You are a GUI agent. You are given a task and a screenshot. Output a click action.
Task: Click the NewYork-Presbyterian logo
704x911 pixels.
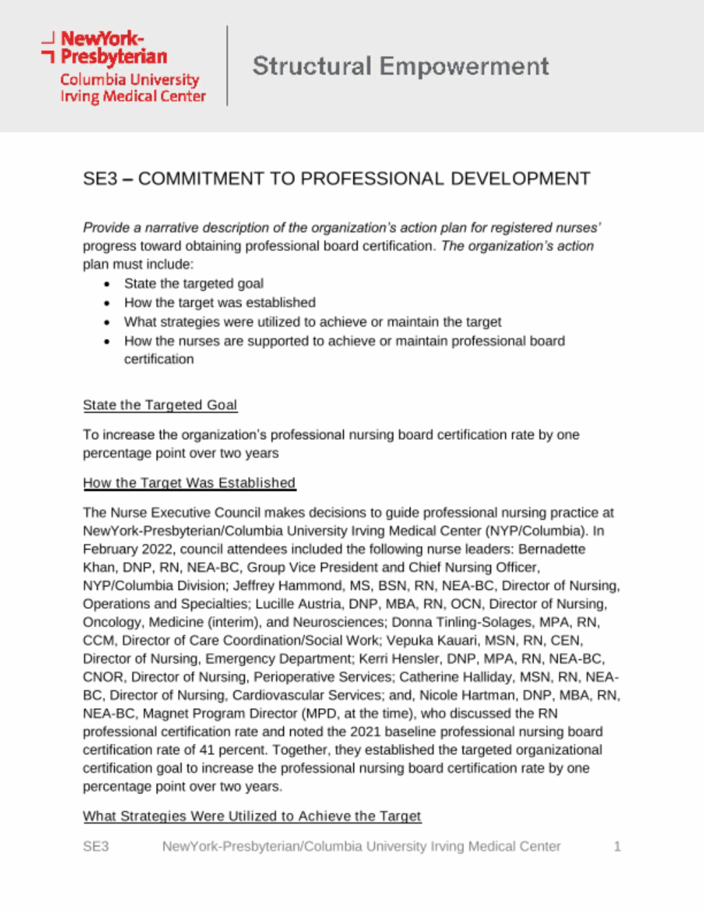coord(124,67)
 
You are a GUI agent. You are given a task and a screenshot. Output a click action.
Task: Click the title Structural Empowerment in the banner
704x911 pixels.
coord(400,66)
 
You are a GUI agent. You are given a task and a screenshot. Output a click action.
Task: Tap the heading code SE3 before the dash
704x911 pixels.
coord(100,179)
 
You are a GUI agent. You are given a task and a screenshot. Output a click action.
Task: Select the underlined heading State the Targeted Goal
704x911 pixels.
coord(159,405)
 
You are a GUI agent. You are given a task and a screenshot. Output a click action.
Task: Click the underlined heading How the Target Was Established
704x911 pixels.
coord(189,483)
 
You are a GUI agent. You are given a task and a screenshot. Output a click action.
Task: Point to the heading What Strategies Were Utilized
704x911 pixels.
coord(252,816)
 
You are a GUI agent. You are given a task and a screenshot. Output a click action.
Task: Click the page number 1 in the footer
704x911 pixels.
coord(617,846)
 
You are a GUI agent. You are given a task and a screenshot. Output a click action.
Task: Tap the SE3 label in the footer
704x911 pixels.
coord(96,846)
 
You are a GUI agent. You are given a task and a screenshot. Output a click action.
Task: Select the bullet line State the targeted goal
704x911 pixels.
coord(193,283)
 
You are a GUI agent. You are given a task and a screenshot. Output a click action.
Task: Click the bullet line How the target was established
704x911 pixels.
coord(219,303)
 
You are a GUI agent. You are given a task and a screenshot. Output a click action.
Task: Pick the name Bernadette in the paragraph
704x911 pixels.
coord(552,549)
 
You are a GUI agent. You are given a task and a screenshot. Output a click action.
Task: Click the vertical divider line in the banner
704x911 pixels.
coord(227,66)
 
